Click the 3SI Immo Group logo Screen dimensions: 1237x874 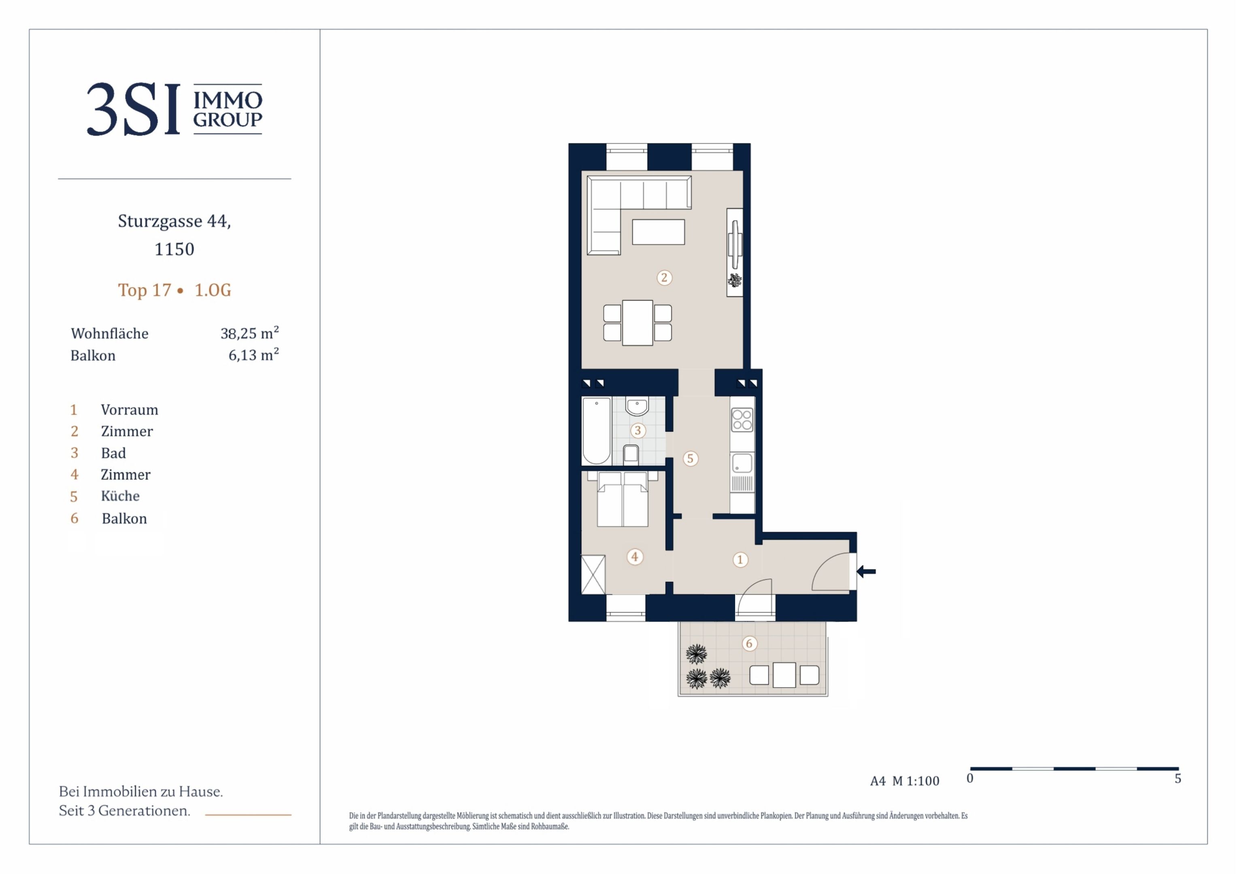click(174, 109)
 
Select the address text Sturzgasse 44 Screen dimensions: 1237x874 click(174, 221)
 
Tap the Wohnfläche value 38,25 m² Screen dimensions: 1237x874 click(249, 332)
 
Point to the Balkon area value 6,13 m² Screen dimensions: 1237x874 click(254, 354)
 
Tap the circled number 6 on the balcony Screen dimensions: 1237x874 click(749, 643)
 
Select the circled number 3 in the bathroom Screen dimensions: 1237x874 click(638, 430)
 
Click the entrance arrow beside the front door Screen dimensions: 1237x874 click(866, 571)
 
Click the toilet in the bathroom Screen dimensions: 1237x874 click(631, 455)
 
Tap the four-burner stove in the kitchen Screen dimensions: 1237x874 click(742, 420)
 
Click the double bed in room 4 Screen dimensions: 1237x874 click(623, 499)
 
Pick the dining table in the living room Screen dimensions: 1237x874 click(638, 322)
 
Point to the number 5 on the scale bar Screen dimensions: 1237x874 click(1178, 778)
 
